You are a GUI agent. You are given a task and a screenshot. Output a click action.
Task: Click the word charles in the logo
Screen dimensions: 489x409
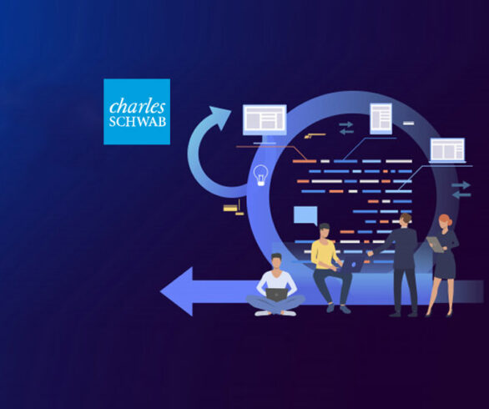click(x=137, y=107)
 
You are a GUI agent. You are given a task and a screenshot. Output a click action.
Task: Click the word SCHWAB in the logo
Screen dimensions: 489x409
click(x=137, y=122)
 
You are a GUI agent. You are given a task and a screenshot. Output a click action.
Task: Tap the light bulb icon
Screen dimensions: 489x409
click(x=260, y=175)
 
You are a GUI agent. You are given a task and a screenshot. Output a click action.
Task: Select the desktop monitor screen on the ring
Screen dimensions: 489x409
click(x=265, y=119)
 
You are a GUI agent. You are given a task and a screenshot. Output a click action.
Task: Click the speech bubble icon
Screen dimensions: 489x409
click(x=305, y=215)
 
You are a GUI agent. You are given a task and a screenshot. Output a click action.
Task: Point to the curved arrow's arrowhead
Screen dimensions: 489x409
click(x=220, y=117)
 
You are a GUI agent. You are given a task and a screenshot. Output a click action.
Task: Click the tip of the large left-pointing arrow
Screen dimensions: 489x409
click(x=160, y=291)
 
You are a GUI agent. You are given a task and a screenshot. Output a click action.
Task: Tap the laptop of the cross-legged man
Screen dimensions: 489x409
click(x=276, y=295)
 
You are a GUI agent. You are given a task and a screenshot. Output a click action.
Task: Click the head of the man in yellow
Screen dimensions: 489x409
click(x=324, y=231)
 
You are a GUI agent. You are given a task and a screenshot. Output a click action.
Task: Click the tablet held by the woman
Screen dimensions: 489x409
click(x=435, y=245)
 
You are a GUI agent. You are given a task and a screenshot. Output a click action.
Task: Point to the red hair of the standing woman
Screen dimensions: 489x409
click(x=446, y=219)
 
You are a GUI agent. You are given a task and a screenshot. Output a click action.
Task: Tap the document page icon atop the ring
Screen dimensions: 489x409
click(x=381, y=119)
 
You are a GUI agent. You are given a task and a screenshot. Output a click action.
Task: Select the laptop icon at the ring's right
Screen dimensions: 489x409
click(x=447, y=151)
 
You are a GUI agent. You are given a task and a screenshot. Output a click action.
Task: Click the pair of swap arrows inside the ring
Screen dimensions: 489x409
click(x=346, y=128)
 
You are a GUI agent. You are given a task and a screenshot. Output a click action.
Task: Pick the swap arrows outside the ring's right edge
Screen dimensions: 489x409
click(x=461, y=189)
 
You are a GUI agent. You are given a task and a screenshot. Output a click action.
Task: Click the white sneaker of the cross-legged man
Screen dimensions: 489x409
click(x=263, y=313)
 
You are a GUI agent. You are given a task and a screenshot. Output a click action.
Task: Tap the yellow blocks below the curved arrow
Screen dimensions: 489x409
click(x=234, y=208)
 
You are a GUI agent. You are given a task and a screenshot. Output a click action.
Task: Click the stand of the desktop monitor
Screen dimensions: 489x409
click(x=265, y=139)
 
